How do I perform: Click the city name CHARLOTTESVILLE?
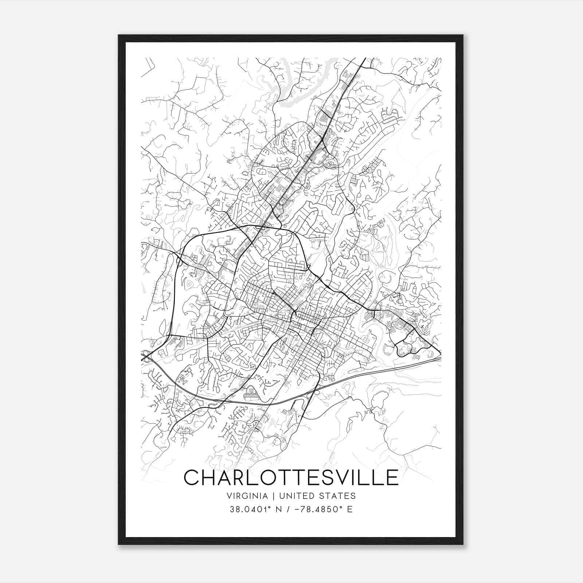[x=291, y=477]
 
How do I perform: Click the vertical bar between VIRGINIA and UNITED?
[x=270, y=496]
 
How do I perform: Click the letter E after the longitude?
[x=350, y=509]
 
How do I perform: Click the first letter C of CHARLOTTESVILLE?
[x=192, y=477]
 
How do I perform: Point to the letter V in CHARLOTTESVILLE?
[x=342, y=477]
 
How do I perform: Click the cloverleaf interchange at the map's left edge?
[x=146, y=356]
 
